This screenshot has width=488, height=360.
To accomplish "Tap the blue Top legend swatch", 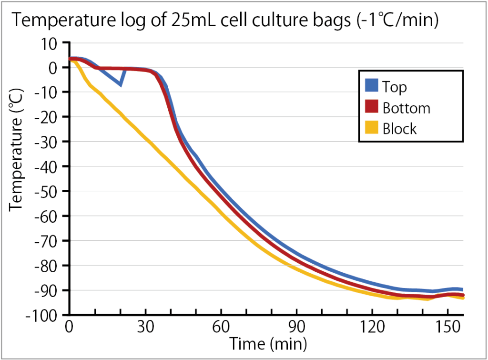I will coord(372,87).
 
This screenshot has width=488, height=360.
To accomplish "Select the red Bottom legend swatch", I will coord(372,108).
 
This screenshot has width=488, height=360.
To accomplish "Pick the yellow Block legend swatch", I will coord(372,128).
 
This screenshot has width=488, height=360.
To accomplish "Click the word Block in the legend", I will coord(399,129).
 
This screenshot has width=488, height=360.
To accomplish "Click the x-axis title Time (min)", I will coord(267,343).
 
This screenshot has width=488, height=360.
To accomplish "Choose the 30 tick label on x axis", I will coord(145,329).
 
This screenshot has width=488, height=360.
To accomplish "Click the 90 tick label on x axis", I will coord(296,329).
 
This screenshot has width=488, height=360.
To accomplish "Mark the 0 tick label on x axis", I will coord(70,329).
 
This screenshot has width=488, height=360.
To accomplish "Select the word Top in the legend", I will coord(395,87).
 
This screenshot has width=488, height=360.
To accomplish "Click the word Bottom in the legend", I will coord(406,108).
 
